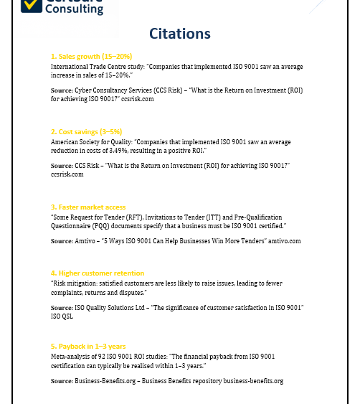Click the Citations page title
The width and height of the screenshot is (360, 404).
(x=179, y=34)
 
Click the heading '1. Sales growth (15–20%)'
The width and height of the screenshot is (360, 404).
(x=91, y=56)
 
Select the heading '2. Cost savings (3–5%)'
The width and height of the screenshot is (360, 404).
(x=86, y=132)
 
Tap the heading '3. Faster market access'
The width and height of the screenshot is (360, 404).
(x=88, y=207)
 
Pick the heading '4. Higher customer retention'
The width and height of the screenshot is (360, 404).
(x=98, y=273)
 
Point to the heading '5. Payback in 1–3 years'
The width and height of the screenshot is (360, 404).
(x=88, y=346)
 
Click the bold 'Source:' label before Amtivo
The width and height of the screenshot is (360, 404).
(x=62, y=241)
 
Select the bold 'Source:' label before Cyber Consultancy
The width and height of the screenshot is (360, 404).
(x=62, y=90)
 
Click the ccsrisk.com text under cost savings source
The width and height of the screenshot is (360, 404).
(x=67, y=174)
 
